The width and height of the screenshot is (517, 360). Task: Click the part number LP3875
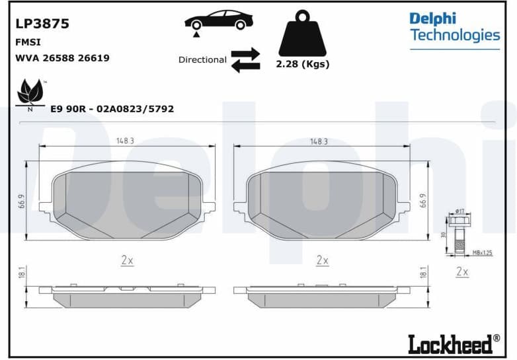click(x=42, y=24)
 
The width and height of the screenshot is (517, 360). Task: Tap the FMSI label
click(x=25, y=42)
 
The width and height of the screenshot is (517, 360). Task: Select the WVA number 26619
click(x=93, y=58)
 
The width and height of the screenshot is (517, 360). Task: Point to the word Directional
click(x=202, y=59)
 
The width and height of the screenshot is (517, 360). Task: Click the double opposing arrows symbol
click(x=245, y=59)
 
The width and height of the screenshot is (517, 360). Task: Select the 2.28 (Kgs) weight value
click(x=302, y=64)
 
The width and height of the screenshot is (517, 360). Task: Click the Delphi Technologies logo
click(x=454, y=26)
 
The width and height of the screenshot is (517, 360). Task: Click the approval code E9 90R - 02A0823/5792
click(x=112, y=108)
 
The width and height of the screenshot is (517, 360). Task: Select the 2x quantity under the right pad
click(x=322, y=260)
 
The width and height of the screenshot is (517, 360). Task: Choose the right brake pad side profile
click(x=322, y=295)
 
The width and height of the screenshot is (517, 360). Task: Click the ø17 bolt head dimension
click(x=460, y=211)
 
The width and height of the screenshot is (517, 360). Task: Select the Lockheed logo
click(x=454, y=343)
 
